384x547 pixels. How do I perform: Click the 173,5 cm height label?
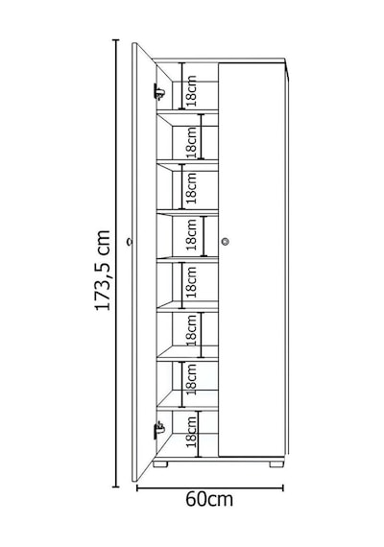[x=103, y=270]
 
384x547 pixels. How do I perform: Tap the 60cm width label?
[x=209, y=499]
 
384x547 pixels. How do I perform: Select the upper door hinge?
[x=158, y=92]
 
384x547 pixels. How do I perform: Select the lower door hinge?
[x=158, y=429]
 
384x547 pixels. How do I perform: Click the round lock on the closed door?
[x=226, y=241]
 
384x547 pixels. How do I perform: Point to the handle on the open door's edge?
[x=130, y=241]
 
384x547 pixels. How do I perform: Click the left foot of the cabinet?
[x=160, y=464]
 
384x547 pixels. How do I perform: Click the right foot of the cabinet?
[x=276, y=464]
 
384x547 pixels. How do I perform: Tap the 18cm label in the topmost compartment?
[x=191, y=91]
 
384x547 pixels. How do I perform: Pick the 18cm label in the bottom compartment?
[x=191, y=432]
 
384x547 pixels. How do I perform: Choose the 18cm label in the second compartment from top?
[x=191, y=142]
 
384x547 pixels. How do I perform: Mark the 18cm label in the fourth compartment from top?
[x=191, y=234]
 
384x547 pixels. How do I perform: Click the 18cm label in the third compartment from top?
[x=191, y=188]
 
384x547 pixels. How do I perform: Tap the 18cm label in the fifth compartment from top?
[x=191, y=282]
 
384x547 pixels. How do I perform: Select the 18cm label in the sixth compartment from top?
[x=191, y=330]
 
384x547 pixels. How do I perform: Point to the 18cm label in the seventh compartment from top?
[x=191, y=379]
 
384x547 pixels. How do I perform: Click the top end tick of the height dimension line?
[x=115, y=40]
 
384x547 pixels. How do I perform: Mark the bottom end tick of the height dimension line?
[x=115, y=487]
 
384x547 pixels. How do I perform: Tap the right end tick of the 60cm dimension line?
[x=283, y=488]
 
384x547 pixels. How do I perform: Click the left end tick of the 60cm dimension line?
[x=137, y=488]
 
